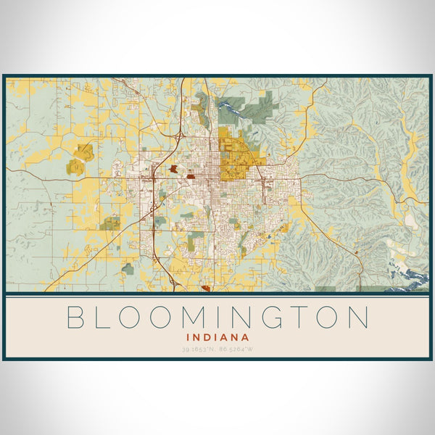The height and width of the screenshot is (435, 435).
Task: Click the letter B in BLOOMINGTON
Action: click(x=76, y=318)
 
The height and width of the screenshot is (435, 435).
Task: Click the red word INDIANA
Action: click(x=217, y=337)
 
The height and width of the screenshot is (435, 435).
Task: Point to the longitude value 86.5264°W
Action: click(x=237, y=349)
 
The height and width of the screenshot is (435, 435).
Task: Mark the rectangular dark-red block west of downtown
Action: click(x=190, y=175)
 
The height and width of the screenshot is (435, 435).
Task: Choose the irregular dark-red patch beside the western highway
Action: click(x=174, y=170)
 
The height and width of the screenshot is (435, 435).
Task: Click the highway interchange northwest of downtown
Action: click(x=177, y=136)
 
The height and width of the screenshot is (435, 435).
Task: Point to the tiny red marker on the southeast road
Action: click(x=357, y=252)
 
